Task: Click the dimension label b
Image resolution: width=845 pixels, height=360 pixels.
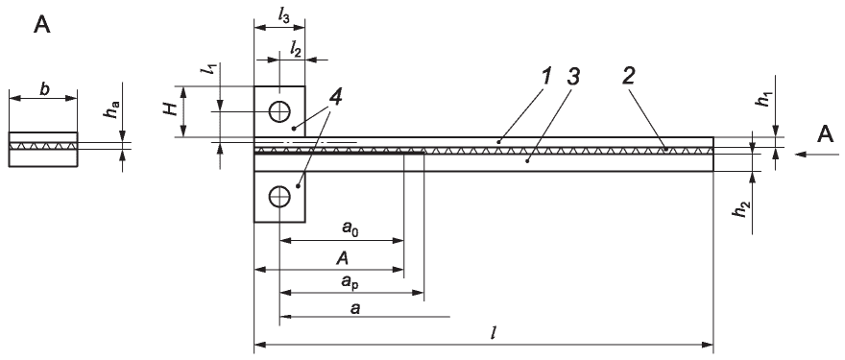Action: click(44, 89)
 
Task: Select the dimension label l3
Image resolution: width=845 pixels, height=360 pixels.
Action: click(283, 15)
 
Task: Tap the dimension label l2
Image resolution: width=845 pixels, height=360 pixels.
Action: click(296, 50)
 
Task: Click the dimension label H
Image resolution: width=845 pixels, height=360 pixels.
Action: click(171, 109)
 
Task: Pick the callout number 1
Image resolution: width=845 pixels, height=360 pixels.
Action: click(546, 77)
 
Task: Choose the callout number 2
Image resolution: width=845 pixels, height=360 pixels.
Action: click(628, 77)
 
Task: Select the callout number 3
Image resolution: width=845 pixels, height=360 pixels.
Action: click(573, 77)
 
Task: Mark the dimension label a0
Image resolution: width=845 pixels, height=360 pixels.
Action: click(350, 228)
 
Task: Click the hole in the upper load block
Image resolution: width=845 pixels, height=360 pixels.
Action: click(279, 111)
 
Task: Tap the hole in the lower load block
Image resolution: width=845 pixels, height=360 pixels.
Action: click(279, 196)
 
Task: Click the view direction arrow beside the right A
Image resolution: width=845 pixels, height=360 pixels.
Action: click(817, 155)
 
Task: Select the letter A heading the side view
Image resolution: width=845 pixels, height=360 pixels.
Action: click(42, 25)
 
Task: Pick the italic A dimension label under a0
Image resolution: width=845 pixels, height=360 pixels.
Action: click(342, 258)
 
